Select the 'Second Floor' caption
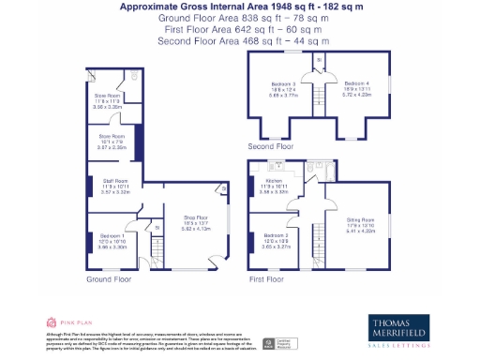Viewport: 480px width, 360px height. coord(270,147)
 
